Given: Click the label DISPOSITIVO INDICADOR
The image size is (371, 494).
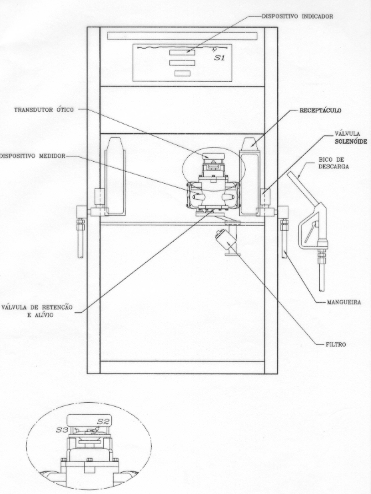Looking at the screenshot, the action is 297,17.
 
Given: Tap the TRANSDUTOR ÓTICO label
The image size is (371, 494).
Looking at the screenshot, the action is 44,110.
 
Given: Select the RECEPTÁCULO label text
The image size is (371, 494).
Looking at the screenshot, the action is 320,111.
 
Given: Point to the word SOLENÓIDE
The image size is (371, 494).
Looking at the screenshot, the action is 350,142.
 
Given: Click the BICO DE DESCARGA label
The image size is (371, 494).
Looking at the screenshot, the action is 334,163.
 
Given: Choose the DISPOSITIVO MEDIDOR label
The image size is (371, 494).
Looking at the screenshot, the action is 33,156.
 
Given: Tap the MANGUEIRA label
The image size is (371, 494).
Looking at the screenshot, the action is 344,302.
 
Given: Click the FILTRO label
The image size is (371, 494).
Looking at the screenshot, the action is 336,345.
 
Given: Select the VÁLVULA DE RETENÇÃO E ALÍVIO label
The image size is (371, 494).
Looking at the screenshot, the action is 37,311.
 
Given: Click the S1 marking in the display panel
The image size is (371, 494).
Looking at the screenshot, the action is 220,58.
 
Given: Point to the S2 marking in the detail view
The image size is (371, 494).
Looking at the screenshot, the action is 103,421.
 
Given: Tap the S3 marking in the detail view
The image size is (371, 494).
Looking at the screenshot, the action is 62,429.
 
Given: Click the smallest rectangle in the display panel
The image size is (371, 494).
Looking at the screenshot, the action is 183,73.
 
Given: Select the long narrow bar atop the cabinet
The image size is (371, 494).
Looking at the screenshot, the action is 183,36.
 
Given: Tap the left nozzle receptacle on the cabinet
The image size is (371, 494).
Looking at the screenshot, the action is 116,176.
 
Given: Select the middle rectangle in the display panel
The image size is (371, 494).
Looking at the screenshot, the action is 183,63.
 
